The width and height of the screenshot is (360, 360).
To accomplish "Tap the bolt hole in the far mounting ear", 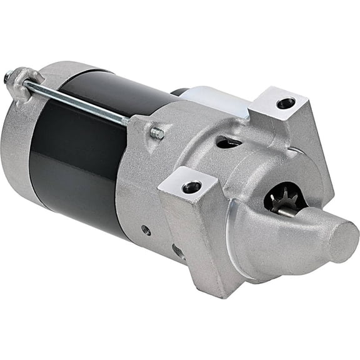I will [x=286, y=102].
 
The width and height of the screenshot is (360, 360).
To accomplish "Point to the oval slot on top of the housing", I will [x=228, y=142].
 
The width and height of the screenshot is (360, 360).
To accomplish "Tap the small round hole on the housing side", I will [x=146, y=230].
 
